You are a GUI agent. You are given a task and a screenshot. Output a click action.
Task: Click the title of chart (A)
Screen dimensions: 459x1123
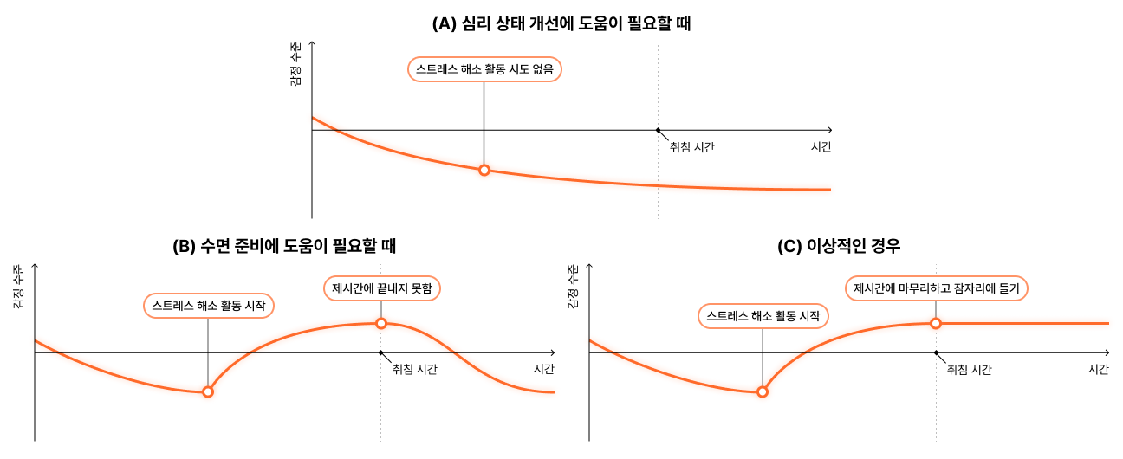(561, 24)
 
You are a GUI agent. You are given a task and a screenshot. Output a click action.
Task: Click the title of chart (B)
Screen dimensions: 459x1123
(284, 245)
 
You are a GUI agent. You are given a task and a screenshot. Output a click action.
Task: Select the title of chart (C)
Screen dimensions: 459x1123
(839, 245)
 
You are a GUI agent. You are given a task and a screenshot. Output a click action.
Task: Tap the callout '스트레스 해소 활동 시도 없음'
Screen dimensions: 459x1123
(484, 69)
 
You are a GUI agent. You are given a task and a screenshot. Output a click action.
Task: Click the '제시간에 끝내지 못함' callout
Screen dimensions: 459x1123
(381, 288)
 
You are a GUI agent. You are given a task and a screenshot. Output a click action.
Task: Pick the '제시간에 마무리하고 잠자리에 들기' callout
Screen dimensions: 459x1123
(936, 288)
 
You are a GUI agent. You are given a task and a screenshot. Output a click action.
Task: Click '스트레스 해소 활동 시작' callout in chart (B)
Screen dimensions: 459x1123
(208, 306)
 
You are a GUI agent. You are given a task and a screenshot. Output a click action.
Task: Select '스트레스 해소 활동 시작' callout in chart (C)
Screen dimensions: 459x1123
(763, 316)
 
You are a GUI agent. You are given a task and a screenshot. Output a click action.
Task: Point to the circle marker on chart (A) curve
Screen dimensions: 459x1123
(484, 170)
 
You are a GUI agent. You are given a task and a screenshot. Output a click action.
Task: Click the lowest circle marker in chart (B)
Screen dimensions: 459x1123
(208, 391)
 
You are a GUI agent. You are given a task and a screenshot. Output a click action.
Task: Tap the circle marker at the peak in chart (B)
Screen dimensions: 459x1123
(381, 323)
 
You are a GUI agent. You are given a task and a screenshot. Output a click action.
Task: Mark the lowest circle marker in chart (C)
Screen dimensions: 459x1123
(763, 391)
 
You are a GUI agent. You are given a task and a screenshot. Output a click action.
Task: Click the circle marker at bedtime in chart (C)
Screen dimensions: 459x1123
(936, 323)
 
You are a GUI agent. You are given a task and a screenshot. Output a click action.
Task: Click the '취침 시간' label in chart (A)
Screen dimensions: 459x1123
(691, 147)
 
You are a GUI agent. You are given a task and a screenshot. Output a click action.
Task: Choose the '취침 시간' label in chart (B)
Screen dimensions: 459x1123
(414, 370)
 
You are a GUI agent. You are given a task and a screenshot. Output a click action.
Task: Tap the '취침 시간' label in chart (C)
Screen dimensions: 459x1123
(969, 370)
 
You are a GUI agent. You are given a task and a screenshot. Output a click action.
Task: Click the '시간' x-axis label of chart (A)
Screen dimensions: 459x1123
(821, 147)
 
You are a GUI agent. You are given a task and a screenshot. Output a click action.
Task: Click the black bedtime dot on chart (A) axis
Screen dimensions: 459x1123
(658, 130)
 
